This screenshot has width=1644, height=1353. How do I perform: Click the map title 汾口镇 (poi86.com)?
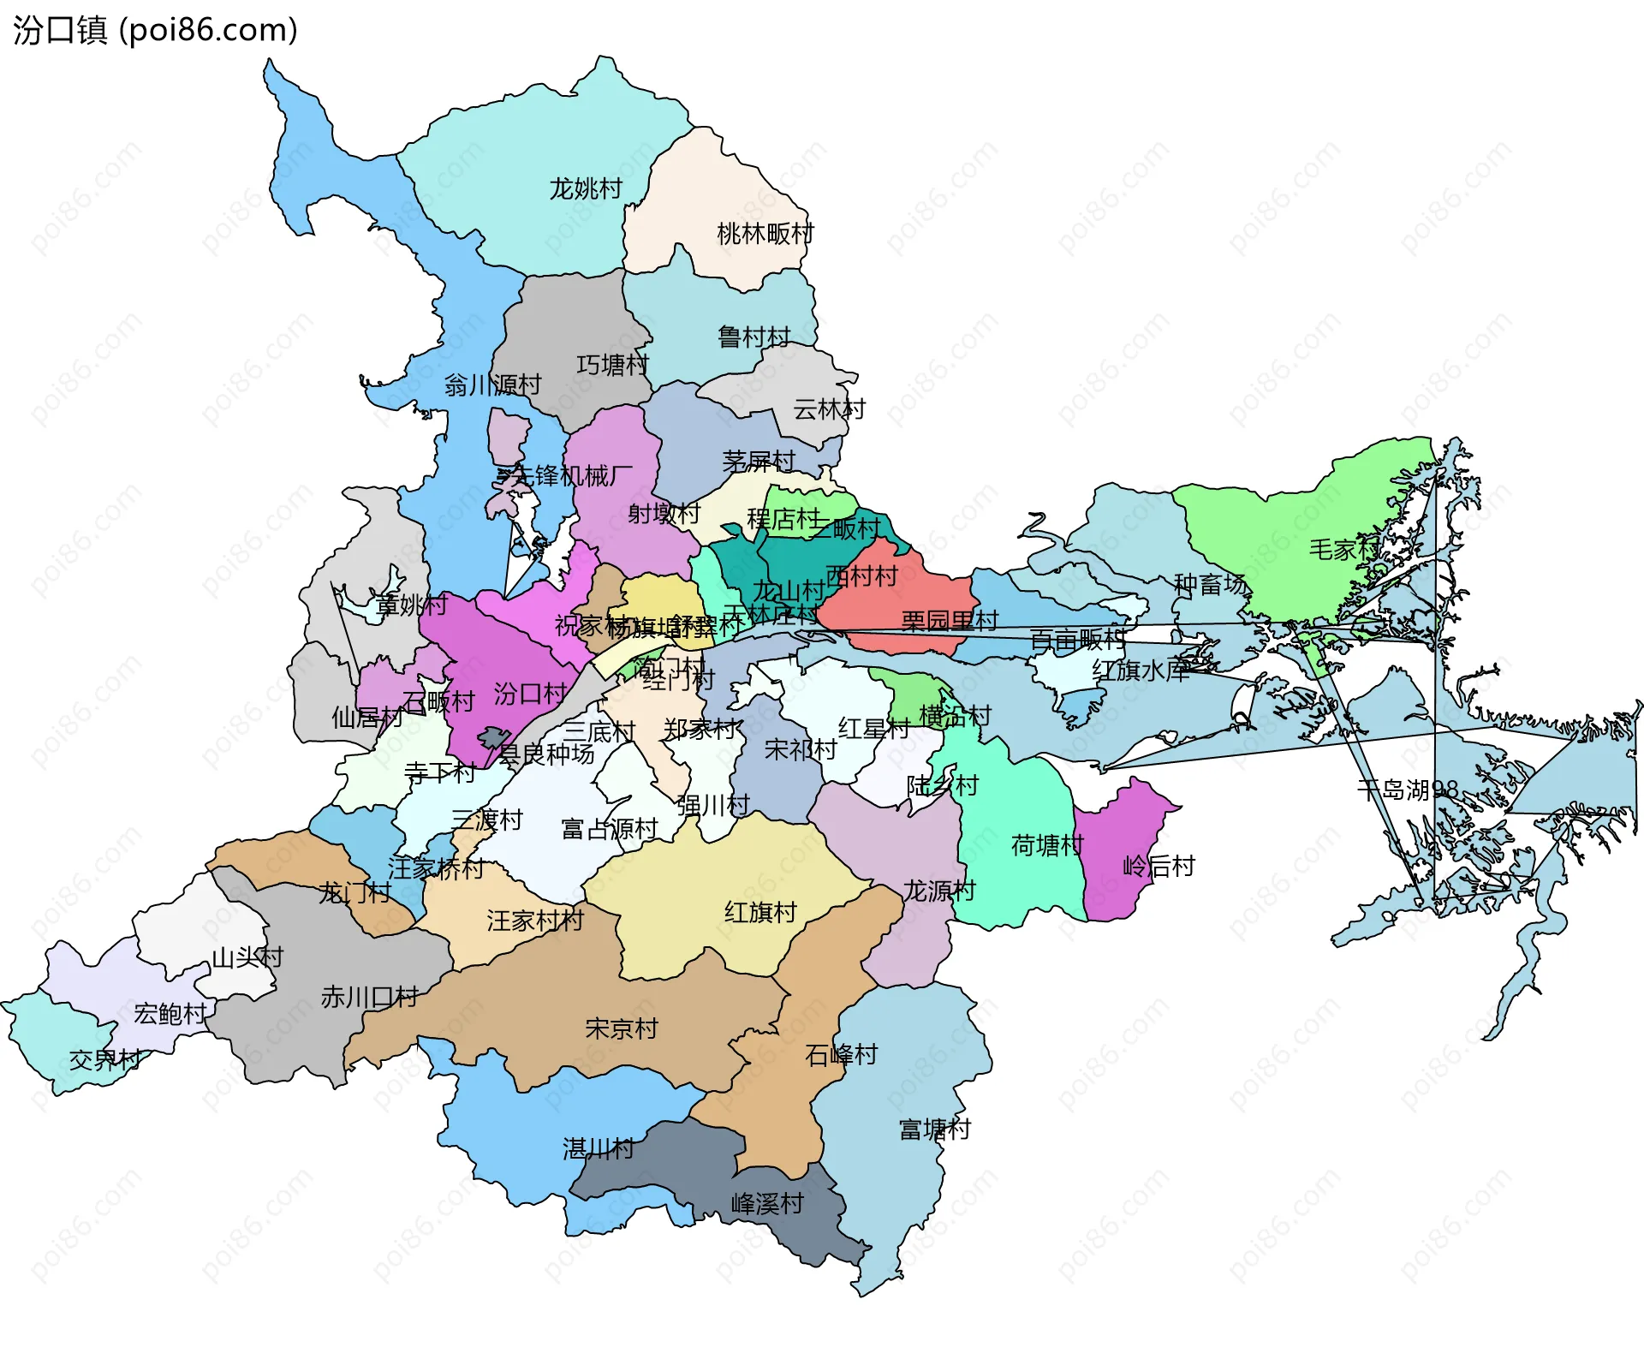[155, 31]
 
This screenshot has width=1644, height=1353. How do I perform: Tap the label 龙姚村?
[586, 189]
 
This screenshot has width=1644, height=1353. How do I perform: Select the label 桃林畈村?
[765, 234]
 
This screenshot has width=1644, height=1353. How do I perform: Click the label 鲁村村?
[753, 337]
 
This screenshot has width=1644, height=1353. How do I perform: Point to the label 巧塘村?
[612, 366]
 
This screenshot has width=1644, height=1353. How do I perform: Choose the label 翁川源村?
[492, 385]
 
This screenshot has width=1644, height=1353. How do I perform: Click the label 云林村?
[829, 410]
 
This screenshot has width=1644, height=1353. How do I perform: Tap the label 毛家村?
[1344, 550]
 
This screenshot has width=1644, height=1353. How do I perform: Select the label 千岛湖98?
[1407, 790]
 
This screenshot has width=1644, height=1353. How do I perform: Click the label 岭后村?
[1159, 867]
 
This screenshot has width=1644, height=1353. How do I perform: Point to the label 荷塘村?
[1047, 846]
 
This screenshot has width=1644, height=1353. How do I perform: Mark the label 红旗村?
[760, 913]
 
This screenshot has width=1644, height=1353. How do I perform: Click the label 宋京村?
[622, 1028]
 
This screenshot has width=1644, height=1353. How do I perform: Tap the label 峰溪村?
[767, 1205]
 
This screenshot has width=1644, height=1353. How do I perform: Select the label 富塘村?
[935, 1129]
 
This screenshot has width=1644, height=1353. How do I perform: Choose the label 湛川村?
[599, 1149]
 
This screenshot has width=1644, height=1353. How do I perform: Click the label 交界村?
[105, 1060]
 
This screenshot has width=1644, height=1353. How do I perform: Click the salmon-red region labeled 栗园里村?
[899, 599]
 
